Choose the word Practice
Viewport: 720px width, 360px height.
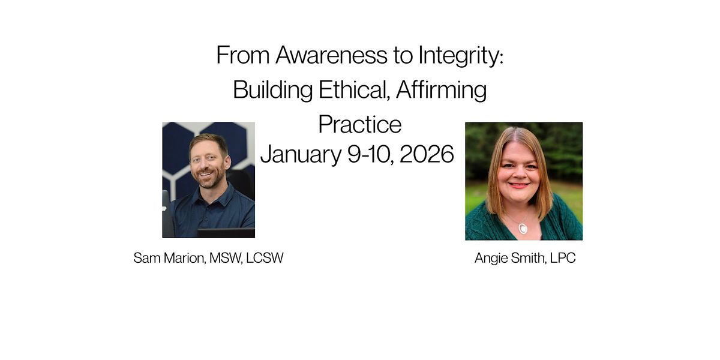point(359,124)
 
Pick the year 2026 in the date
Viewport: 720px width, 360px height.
point(427,154)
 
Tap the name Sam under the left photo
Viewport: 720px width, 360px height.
point(146,259)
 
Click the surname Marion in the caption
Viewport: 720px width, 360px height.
point(185,259)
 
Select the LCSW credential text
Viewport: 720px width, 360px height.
point(265,259)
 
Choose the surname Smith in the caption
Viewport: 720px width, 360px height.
point(526,259)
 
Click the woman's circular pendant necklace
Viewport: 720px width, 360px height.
point(523,229)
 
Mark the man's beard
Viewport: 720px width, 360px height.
point(211,179)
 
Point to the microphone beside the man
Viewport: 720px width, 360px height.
point(166,210)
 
